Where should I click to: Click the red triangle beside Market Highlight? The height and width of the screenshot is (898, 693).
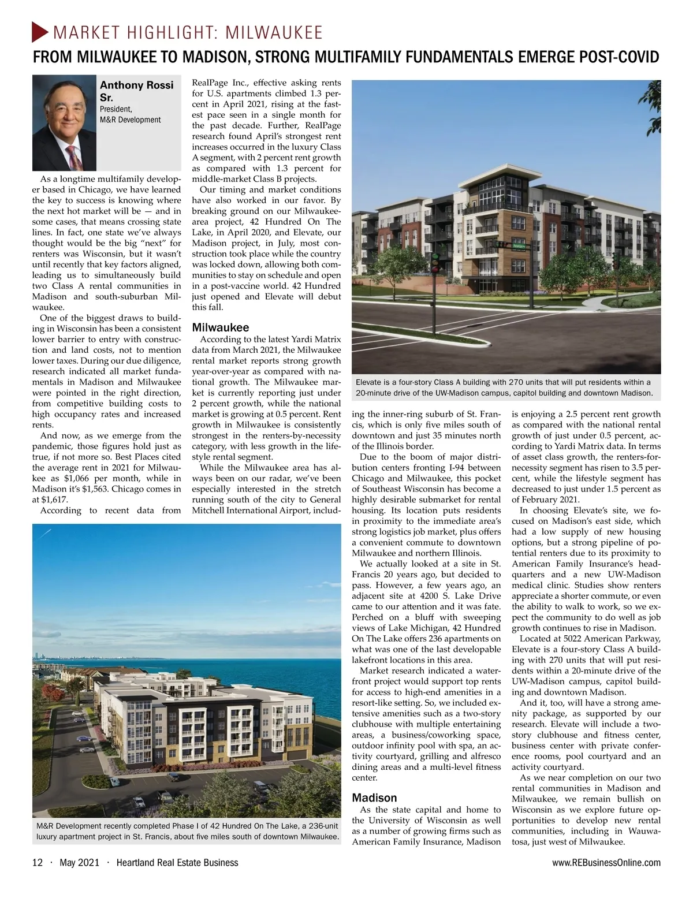pos(39,32)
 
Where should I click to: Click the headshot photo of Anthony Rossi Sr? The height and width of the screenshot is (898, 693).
pos(64,124)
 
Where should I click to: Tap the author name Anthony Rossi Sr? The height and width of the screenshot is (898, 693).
pos(136,91)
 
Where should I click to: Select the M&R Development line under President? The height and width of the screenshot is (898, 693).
pos(130,120)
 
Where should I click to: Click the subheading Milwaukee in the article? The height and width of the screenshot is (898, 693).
pos(220,327)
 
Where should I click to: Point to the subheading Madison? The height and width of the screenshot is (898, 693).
pos(374,798)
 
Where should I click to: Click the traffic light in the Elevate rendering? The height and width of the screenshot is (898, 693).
pos(435,263)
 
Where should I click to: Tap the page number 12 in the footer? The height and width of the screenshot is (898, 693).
pos(38,863)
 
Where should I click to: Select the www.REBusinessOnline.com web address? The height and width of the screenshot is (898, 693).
pos(606,863)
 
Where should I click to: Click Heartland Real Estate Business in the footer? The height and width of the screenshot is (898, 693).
pos(177,863)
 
